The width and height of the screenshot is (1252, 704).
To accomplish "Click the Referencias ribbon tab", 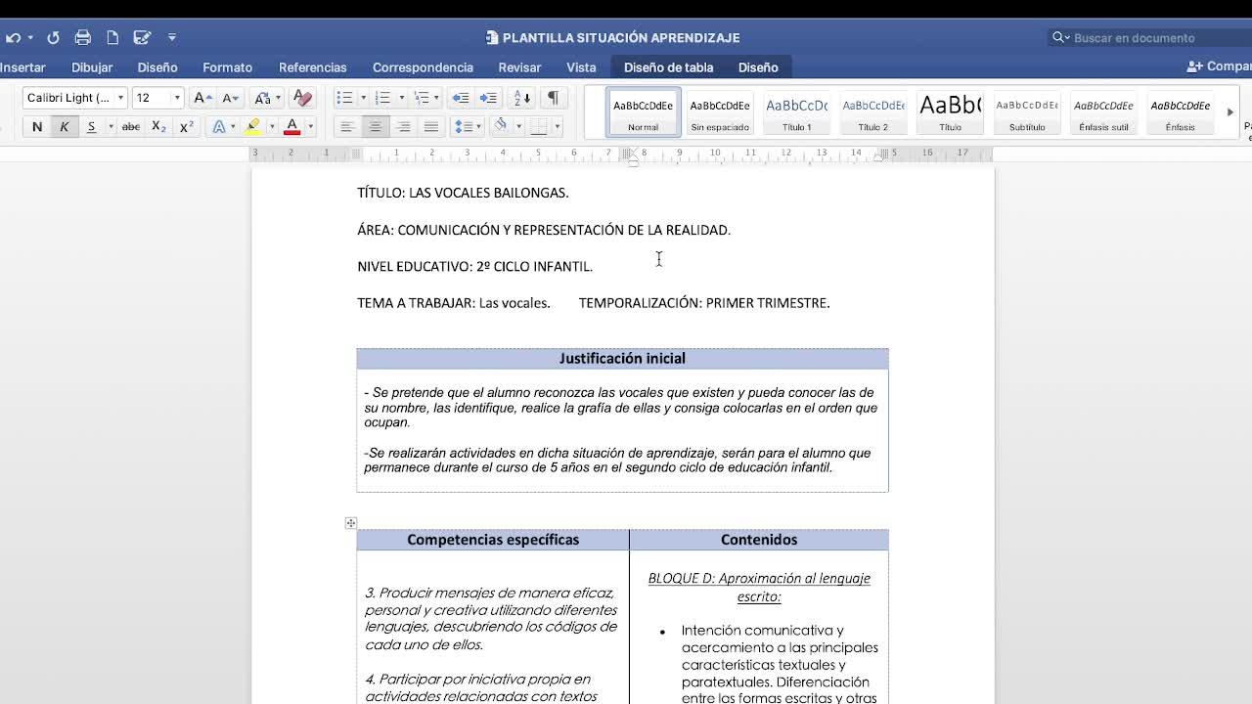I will [312, 67].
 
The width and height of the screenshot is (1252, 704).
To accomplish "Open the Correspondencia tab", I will [423, 67].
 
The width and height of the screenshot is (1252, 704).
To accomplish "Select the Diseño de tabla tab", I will [668, 67].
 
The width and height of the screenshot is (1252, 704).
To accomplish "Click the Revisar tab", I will [519, 67].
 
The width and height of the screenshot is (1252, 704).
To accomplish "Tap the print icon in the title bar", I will [83, 37].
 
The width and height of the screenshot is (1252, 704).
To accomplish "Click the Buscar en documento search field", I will [1144, 38].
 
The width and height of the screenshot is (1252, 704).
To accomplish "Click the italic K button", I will [65, 127].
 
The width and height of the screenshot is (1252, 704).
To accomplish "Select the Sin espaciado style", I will [720, 112].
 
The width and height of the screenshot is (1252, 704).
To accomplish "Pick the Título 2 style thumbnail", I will [872, 112].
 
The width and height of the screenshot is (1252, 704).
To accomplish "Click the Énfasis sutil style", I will [1103, 112].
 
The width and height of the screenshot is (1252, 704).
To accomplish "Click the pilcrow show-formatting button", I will [553, 98].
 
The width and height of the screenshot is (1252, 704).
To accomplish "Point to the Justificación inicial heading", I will [622, 359].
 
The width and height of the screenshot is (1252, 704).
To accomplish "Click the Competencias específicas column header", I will [493, 540].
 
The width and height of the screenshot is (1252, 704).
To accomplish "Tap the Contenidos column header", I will [759, 540].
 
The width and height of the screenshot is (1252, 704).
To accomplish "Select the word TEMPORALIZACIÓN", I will [639, 303].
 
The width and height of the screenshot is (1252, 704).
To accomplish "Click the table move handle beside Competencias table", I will [351, 523].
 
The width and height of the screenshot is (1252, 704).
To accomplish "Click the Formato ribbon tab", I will [227, 67].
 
